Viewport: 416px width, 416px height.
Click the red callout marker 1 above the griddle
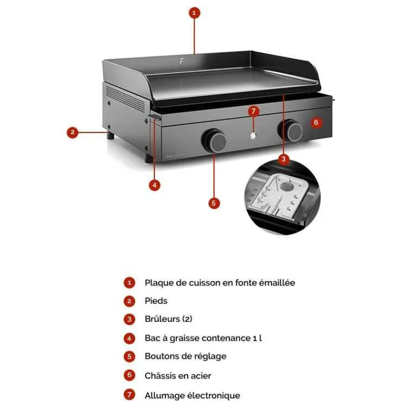pyautogui.click(x=194, y=12)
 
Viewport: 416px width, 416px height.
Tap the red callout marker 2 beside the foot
pyautogui.click(x=72, y=132)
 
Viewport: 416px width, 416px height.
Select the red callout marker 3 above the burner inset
pyautogui.click(x=283, y=159)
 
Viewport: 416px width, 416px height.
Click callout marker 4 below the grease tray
pyautogui.click(x=154, y=185)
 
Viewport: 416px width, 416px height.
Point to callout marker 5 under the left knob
pyautogui.click(x=214, y=203)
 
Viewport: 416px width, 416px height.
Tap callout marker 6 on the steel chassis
pyautogui.click(x=316, y=122)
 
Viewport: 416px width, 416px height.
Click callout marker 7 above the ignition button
pyautogui.click(x=254, y=111)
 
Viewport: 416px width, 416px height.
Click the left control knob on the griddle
pyautogui.click(x=214, y=140)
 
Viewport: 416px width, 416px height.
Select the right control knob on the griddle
pyautogui.click(x=291, y=131)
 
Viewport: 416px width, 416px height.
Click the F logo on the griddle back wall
pyautogui.click(x=181, y=61)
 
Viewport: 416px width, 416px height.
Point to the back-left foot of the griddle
pyautogui.click(x=111, y=136)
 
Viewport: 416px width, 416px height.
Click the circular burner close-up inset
pyautogui.click(x=282, y=198)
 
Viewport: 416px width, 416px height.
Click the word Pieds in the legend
pyautogui.click(x=156, y=301)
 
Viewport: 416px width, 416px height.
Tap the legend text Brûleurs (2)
pyautogui.click(x=168, y=319)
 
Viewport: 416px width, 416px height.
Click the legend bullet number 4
pyautogui.click(x=129, y=339)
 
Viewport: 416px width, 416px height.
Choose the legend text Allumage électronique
pyautogui.click(x=192, y=395)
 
